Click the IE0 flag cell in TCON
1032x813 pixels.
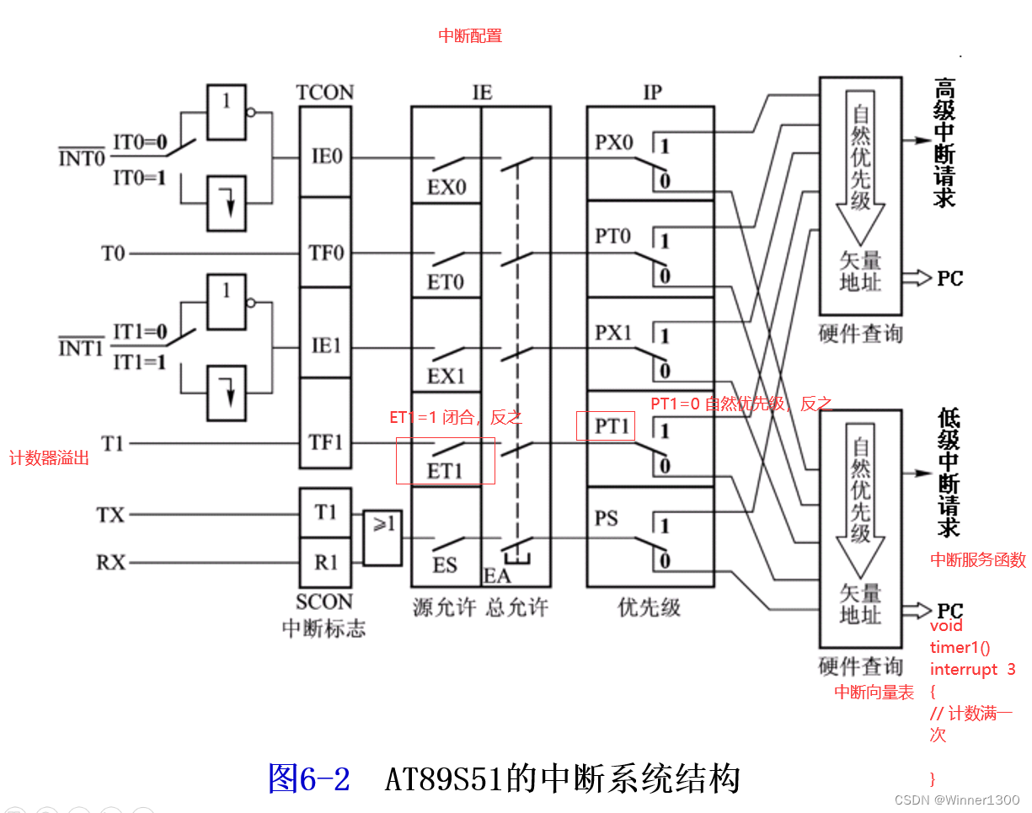tap(327, 157)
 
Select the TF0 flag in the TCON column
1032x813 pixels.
tap(327, 252)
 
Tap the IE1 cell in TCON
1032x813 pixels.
tap(327, 345)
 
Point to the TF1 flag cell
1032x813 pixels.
tap(327, 442)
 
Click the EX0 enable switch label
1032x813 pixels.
tap(446, 187)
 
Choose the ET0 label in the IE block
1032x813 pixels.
tap(446, 282)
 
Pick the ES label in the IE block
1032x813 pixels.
tap(445, 565)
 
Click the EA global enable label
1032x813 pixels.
tap(497, 576)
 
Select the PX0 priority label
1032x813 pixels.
tap(613, 142)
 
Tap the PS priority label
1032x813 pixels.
tap(607, 519)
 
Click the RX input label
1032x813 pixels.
tap(110, 562)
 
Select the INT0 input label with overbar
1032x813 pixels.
tap(82, 158)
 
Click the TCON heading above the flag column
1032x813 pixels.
tap(325, 93)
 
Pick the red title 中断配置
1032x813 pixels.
tap(470, 36)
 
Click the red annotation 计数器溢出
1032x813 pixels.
tap(49, 459)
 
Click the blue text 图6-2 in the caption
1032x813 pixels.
tap(308, 778)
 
